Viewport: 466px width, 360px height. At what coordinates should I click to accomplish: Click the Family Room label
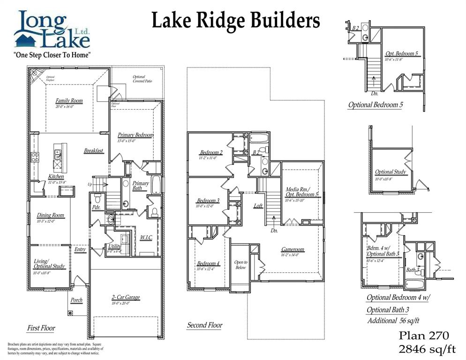point(69,101)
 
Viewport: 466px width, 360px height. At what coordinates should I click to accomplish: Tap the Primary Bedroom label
point(135,135)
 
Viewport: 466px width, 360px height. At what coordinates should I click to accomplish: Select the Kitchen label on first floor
point(56,177)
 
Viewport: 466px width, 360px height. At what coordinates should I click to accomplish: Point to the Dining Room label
point(51,215)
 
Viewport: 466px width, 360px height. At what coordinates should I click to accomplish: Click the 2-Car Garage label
point(126,297)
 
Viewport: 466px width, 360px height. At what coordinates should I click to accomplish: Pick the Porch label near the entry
point(76,300)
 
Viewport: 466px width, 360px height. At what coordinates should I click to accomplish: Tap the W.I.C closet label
point(146,238)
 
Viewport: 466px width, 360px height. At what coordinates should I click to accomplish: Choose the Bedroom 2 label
point(211,152)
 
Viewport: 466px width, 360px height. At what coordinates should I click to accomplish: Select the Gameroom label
point(293,249)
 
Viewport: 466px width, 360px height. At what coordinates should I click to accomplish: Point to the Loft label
point(258,205)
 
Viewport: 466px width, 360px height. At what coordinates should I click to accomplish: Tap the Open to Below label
point(241,264)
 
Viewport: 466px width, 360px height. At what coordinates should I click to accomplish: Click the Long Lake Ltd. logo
point(52,30)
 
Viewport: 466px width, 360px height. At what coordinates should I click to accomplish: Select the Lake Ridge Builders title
point(235,21)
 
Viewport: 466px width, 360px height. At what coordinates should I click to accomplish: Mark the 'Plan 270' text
point(424,336)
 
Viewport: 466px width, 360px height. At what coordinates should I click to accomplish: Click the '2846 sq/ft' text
point(427,349)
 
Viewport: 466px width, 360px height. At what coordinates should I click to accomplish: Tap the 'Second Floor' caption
point(205,325)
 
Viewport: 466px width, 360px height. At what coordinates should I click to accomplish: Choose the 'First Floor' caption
point(41,328)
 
